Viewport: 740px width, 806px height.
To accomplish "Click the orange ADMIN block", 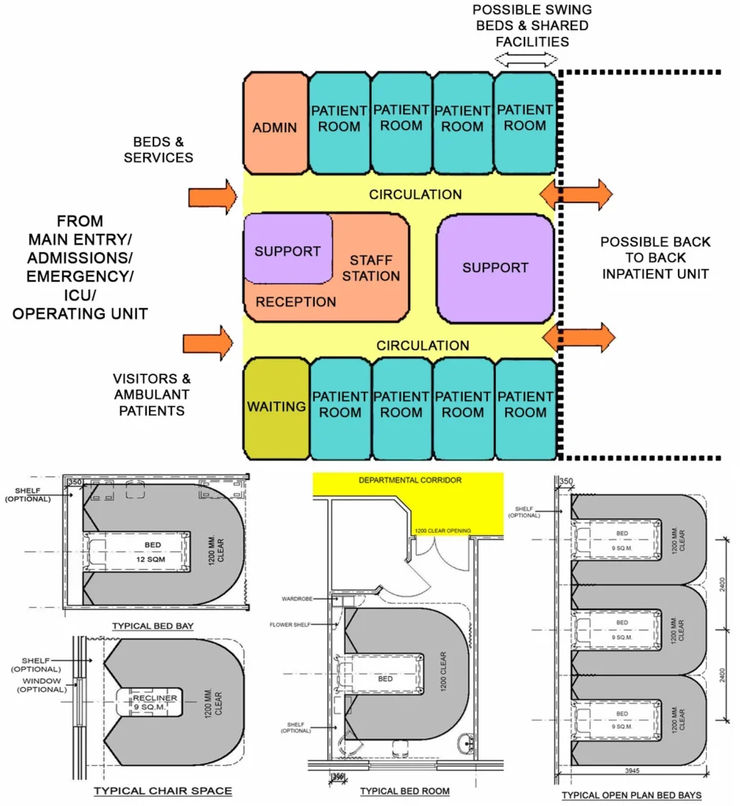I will point(275,126).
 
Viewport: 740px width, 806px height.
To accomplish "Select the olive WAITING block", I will point(276,407).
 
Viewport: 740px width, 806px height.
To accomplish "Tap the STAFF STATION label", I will point(371,268).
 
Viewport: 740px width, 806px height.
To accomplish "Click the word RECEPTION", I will point(296,301).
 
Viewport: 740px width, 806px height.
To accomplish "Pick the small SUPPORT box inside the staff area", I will point(287,251).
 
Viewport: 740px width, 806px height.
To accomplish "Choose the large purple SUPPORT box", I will point(495,268).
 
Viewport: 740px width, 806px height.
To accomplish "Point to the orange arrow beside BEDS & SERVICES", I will point(213,196).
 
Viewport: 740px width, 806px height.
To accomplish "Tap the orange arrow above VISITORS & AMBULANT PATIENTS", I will point(209,343).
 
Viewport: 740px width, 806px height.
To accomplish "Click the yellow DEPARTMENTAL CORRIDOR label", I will point(409,479).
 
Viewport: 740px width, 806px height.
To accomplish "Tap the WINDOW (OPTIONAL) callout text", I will point(43,685).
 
